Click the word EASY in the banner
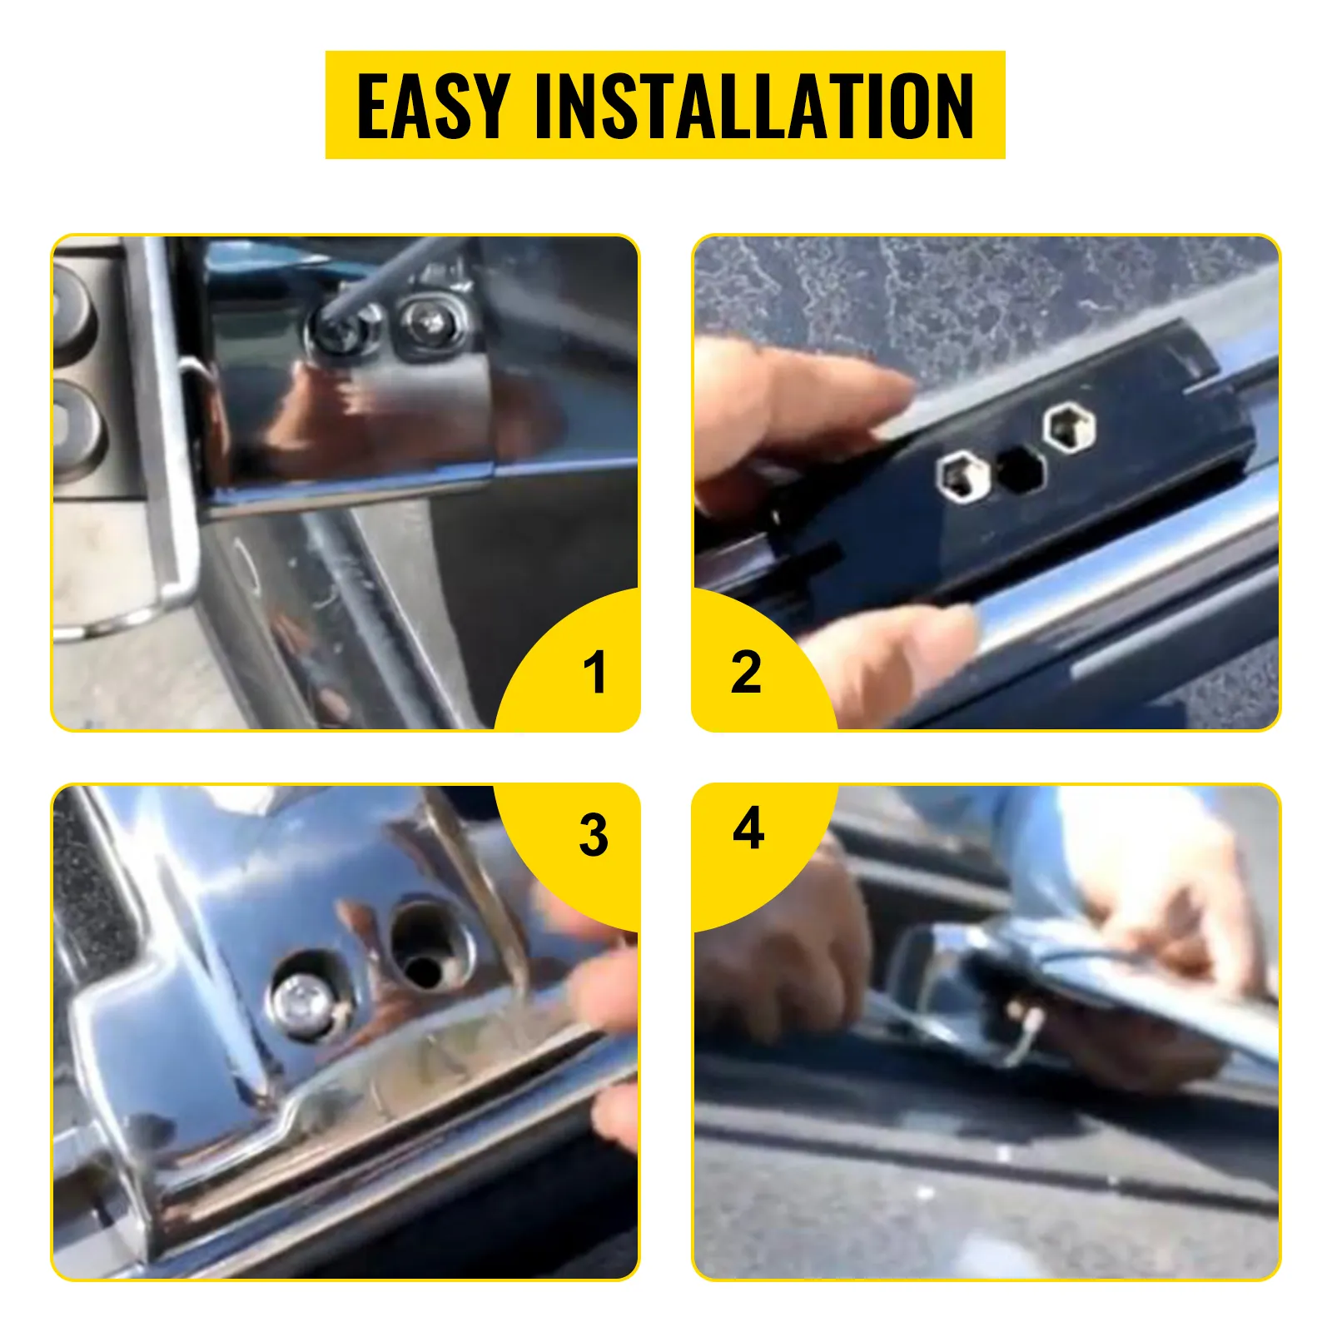[433, 106]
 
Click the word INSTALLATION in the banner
[753, 106]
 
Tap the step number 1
[594, 672]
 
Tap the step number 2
[746, 672]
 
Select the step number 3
[594, 835]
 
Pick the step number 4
[748, 828]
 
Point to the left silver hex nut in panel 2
[962, 476]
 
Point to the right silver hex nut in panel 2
[1069, 426]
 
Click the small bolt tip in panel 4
[1032, 1020]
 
